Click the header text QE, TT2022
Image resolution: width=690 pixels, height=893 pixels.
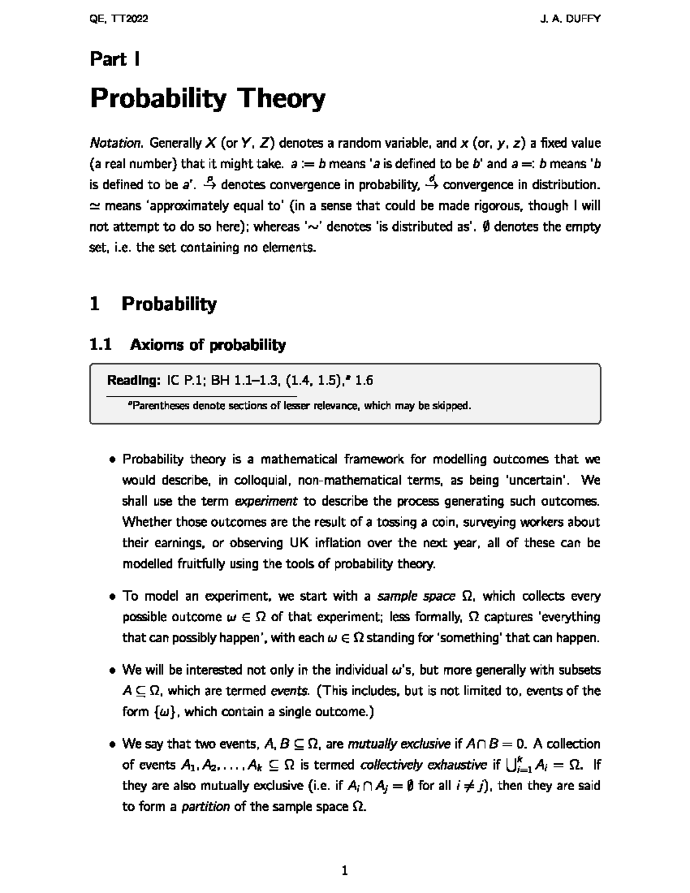119,19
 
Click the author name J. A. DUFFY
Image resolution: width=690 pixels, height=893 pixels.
570,19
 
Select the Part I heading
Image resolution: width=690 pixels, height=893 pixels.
115,59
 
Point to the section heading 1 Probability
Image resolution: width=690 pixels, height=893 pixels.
153,304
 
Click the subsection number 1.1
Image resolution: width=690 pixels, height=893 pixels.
100,345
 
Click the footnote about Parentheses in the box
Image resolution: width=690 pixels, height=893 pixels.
299,406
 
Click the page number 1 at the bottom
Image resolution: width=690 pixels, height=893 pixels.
344,871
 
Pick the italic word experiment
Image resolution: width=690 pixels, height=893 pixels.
266,501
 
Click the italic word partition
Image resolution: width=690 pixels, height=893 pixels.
205,807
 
